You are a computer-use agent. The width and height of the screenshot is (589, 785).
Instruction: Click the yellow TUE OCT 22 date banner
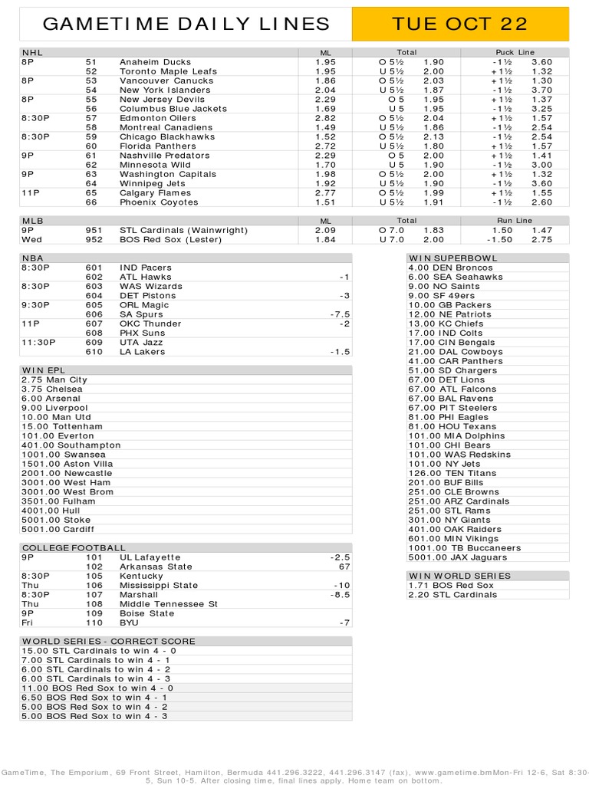click(x=459, y=24)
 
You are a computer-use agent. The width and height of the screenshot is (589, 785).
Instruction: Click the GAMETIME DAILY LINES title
click(x=186, y=24)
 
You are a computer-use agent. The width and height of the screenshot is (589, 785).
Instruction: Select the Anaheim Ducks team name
click(x=155, y=62)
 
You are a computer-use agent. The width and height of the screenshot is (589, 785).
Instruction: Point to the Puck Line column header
click(x=515, y=52)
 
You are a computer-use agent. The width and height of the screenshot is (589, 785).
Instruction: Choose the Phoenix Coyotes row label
click(x=159, y=202)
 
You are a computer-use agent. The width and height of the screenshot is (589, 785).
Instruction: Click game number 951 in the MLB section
click(x=93, y=230)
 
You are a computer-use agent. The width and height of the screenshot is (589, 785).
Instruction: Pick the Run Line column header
click(x=515, y=221)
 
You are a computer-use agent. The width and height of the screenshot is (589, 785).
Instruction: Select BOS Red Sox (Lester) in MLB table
click(x=170, y=239)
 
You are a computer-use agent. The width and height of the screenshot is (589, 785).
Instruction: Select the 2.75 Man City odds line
click(x=54, y=380)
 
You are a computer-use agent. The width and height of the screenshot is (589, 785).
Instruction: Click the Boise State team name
click(x=147, y=613)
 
